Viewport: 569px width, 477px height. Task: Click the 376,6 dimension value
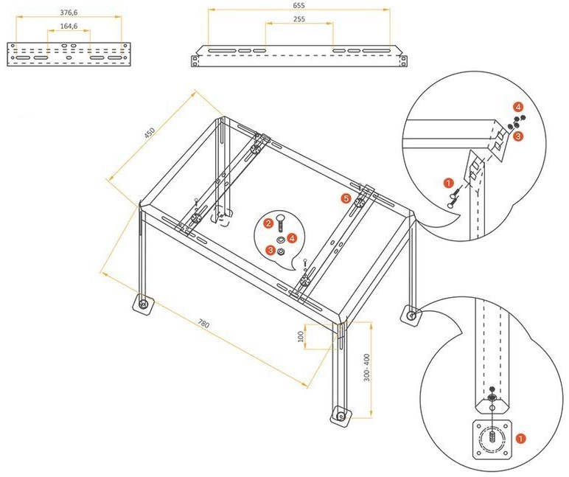click(x=69, y=13)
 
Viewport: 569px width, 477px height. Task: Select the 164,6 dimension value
click(x=69, y=26)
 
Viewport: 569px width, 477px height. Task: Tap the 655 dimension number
click(x=299, y=5)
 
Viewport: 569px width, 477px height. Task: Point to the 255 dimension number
click(x=299, y=19)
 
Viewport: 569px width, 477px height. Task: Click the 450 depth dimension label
click(x=150, y=133)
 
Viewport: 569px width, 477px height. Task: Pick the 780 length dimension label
click(x=203, y=323)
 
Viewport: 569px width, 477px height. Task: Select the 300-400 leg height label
click(x=367, y=367)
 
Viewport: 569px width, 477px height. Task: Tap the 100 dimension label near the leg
click(x=301, y=337)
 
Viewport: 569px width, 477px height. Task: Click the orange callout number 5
click(x=346, y=198)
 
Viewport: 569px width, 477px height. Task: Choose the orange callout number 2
click(x=268, y=223)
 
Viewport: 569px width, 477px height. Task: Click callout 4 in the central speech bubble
click(x=292, y=238)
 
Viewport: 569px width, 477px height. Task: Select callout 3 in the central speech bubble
click(x=270, y=250)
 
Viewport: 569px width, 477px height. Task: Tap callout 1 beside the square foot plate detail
click(x=521, y=439)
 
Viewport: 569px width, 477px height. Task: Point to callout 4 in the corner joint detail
click(x=518, y=107)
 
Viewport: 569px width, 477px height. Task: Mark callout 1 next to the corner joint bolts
click(x=449, y=183)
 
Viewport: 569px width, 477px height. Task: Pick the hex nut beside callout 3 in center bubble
click(x=281, y=251)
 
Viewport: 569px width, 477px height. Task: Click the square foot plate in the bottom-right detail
click(x=492, y=439)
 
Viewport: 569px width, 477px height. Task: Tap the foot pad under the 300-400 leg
click(x=341, y=416)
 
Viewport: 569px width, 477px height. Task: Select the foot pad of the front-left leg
click(x=142, y=304)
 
